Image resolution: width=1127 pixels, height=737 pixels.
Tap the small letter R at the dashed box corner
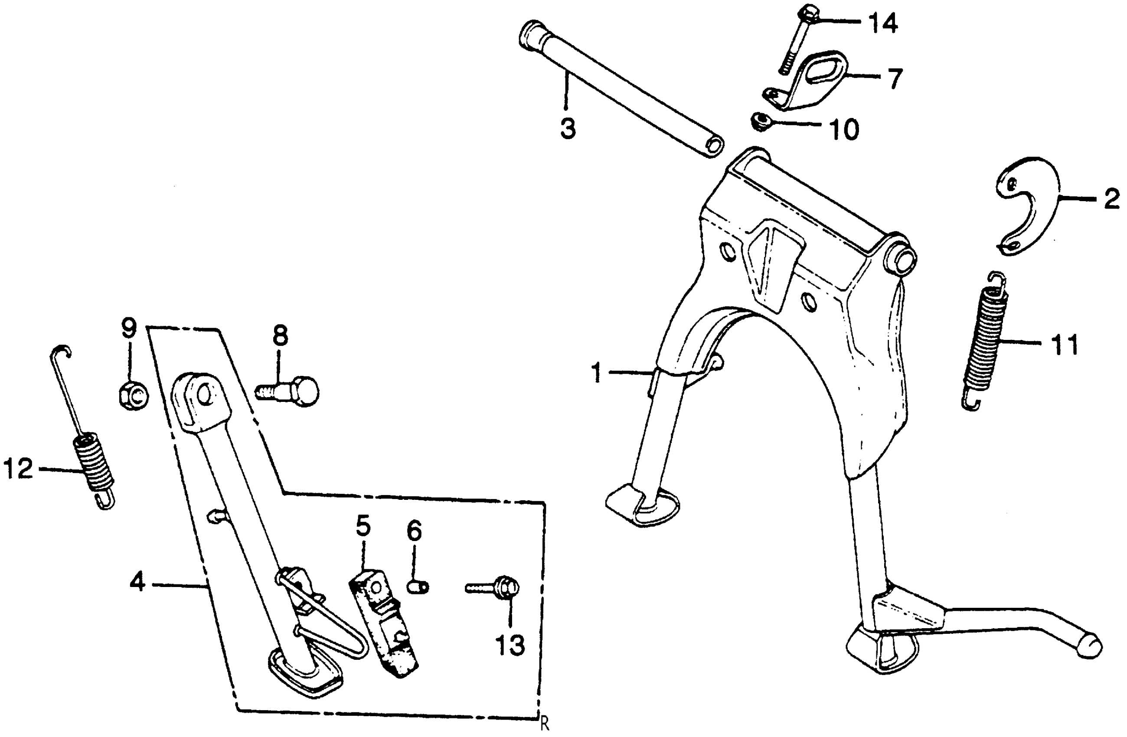tap(545, 724)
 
